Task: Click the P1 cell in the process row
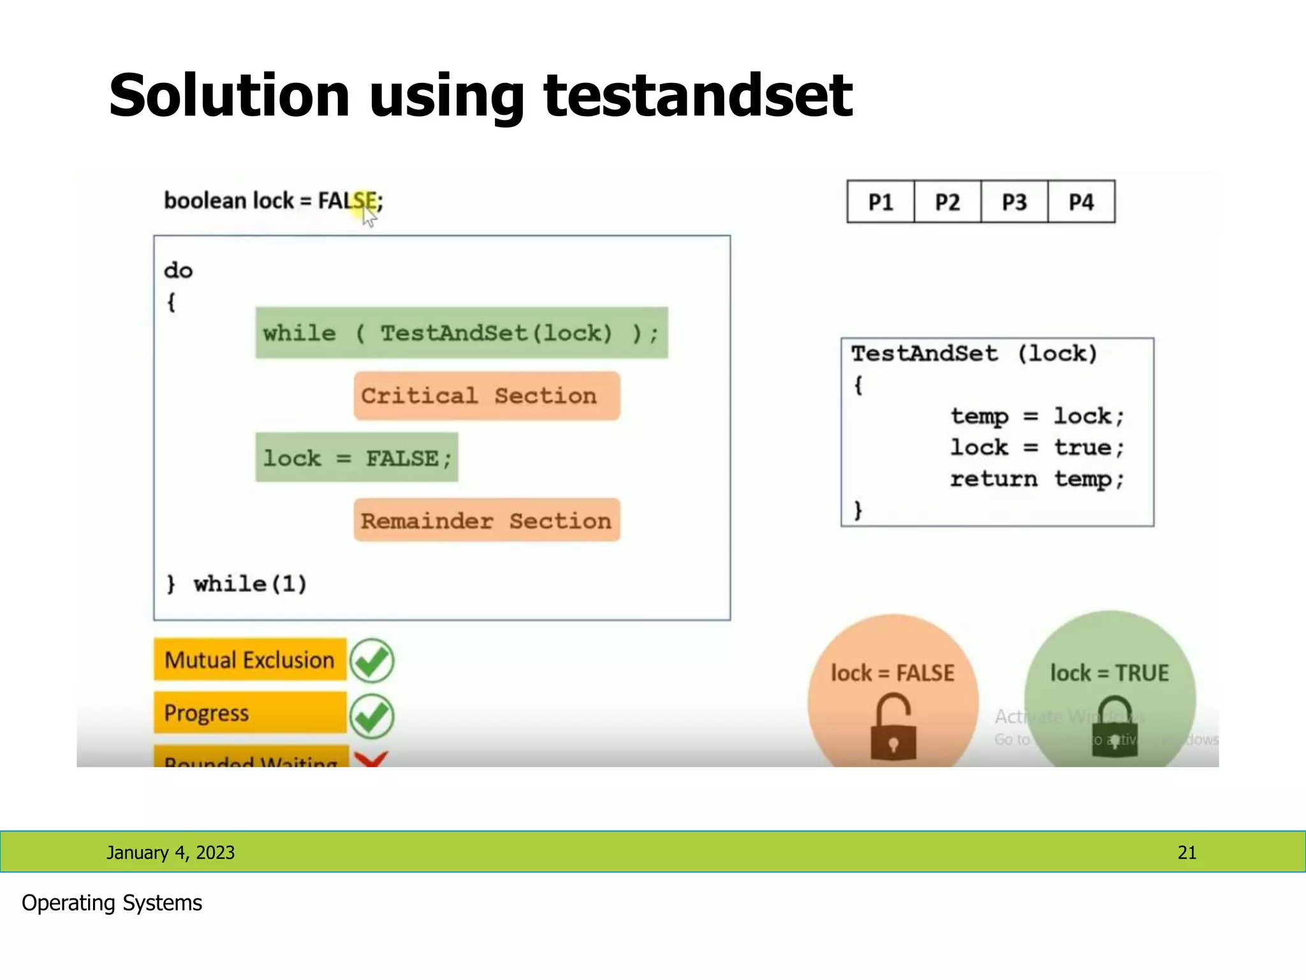(x=880, y=202)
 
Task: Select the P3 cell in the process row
(x=1014, y=202)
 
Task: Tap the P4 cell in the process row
(x=1082, y=202)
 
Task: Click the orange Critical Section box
(x=487, y=396)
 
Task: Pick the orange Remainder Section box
(x=487, y=521)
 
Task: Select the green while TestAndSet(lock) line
(x=461, y=333)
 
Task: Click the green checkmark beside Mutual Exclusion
(x=372, y=661)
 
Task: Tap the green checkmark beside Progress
(x=372, y=716)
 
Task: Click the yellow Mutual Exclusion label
(x=249, y=660)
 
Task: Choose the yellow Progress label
(x=249, y=713)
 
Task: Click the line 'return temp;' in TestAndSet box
(x=1037, y=479)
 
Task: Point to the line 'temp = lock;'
(x=1037, y=417)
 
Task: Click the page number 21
(x=1187, y=852)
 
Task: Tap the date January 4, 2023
(x=170, y=852)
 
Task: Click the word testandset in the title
(x=698, y=96)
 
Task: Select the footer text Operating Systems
(x=112, y=903)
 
